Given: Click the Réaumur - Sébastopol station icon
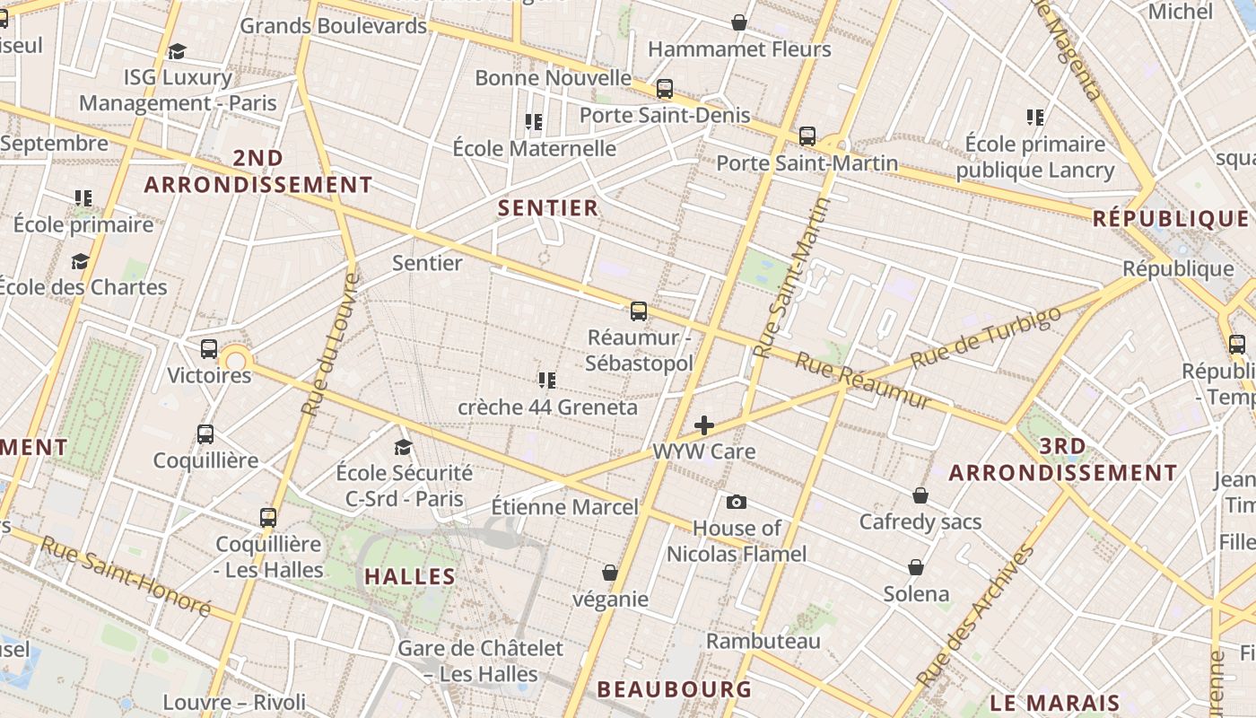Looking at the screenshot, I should click(x=639, y=311).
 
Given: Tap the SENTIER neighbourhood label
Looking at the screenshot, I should click(x=547, y=208).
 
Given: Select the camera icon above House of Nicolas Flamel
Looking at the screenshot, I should click(x=737, y=502).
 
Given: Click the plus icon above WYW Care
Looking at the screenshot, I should click(x=704, y=425).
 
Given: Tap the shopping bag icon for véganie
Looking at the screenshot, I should click(x=610, y=573).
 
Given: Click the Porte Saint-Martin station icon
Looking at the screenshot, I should click(x=807, y=136).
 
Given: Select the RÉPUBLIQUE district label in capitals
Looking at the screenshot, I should click(x=1171, y=219).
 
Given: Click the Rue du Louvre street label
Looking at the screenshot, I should click(x=329, y=345).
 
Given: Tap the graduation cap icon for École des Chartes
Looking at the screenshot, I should click(x=81, y=261).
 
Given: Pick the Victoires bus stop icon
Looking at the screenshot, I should click(x=209, y=349).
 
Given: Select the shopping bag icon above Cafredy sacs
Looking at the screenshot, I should click(x=920, y=495).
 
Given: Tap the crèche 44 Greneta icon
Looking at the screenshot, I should click(x=547, y=381).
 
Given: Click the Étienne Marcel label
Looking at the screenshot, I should click(x=565, y=507).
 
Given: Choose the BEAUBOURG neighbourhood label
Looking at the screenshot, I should click(x=674, y=689).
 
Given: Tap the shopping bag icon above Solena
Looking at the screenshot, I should click(x=916, y=567).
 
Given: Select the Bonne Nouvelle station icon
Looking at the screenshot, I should click(x=665, y=89).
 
